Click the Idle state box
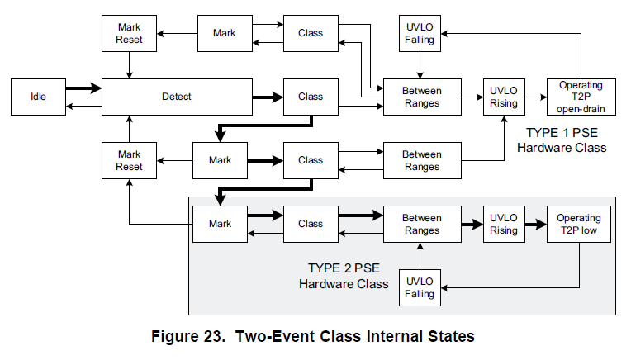point(38,97)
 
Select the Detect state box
point(176,97)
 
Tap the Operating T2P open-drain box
point(581,97)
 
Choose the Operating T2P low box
point(578,224)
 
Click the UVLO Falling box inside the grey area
point(419,287)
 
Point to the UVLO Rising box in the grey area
point(503,224)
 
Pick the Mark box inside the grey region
point(220,224)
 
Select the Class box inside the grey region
point(311,224)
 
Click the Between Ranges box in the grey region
point(421,224)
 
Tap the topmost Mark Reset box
point(130,33)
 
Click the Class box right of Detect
point(311,97)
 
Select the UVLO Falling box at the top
point(419,33)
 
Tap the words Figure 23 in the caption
point(192,336)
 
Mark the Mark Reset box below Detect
point(130,160)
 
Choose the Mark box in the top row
point(224,33)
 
